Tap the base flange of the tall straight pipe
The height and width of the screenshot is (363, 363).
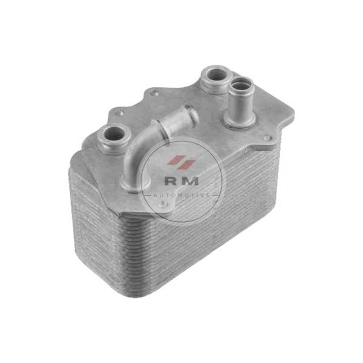coord(239,120)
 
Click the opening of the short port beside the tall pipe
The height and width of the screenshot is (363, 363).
coord(217,74)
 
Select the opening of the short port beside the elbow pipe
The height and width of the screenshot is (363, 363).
coord(114,134)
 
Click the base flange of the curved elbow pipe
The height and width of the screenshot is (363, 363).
coord(135,183)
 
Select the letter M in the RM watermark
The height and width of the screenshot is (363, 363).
coord(190,181)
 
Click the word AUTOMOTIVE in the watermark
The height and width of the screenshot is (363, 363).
coord(181,195)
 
